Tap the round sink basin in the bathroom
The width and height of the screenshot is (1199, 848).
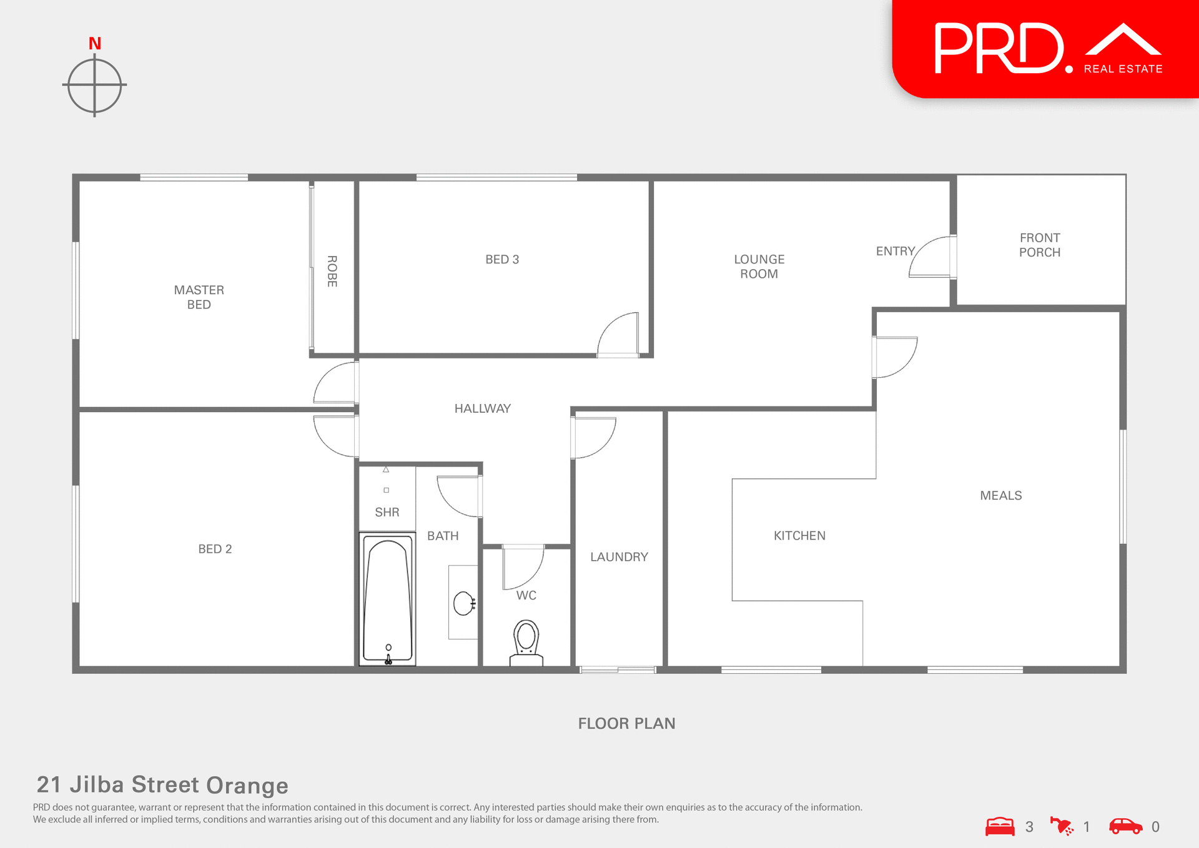tap(463, 604)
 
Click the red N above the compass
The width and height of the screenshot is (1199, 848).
tap(95, 44)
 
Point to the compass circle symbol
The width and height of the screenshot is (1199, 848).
tap(95, 85)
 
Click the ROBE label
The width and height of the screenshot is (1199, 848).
tap(332, 271)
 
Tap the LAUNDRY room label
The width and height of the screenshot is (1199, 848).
tap(619, 557)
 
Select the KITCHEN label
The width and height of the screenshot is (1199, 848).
tap(799, 536)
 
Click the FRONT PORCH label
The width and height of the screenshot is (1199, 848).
tap(1040, 245)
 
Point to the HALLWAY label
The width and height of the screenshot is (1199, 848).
tap(483, 408)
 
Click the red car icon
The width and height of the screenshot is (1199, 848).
tap(1125, 826)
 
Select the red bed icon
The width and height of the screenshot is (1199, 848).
tap(1000, 826)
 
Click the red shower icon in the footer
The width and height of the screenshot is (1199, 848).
tap(1062, 826)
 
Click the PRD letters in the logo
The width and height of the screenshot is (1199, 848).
tap(999, 49)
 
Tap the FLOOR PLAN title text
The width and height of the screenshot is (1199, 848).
tap(626, 724)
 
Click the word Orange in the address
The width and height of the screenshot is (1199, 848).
tap(247, 786)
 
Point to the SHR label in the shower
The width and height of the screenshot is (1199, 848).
tap(387, 512)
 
